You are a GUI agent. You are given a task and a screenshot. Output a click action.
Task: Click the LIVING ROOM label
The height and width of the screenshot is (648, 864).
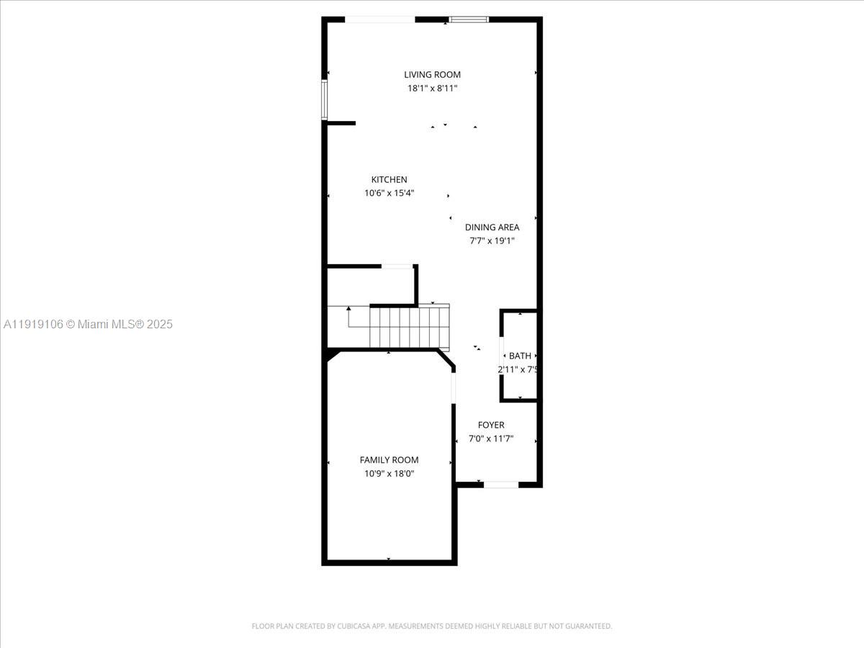click(x=432, y=74)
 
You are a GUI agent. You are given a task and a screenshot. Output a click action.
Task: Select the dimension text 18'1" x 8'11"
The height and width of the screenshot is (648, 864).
click(x=432, y=89)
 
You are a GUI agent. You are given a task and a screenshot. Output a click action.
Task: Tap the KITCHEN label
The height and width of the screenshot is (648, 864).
click(x=389, y=179)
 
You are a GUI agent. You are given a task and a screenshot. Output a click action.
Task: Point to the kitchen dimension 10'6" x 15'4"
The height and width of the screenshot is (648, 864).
click(x=389, y=193)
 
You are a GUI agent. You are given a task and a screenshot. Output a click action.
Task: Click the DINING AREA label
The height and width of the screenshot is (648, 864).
click(x=492, y=227)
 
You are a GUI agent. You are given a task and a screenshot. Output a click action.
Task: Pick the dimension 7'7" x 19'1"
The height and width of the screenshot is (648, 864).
click(x=492, y=241)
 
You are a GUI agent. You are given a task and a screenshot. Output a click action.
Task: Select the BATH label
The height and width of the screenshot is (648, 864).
click(x=520, y=356)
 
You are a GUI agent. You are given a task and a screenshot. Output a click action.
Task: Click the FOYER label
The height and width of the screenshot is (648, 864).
click(x=491, y=425)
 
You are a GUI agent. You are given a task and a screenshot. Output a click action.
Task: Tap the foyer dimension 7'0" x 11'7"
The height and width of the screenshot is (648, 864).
click(x=491, y=438)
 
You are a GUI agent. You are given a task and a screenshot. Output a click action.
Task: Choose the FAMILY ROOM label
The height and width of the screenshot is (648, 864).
click(x=389, y=459)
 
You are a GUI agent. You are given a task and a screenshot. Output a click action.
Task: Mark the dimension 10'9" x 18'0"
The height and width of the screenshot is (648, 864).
click(x=389, y=474)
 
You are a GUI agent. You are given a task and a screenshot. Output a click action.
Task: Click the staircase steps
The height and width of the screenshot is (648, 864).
click(x=409, y=326)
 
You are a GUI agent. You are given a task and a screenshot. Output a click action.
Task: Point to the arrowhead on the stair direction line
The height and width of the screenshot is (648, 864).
click(x=348, y=309)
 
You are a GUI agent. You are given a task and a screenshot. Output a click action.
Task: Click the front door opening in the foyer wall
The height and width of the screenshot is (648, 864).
click(x=500, y=485)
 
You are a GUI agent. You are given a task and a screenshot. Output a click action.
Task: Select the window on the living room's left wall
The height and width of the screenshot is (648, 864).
click(x=324, y=99)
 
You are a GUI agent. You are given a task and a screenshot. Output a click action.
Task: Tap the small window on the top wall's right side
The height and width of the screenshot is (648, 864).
click(x=469, y=19)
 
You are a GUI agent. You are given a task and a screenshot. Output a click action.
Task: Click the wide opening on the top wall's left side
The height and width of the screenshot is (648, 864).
click(x=380, y=19)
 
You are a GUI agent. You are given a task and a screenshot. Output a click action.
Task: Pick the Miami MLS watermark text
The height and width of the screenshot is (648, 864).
click(x=88, y=325)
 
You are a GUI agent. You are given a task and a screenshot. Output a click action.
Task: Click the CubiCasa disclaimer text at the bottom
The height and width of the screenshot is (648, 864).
click(x=432, y=626)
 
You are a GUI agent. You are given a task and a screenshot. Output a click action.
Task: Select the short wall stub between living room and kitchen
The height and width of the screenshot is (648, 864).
click(x=341, y=123)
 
